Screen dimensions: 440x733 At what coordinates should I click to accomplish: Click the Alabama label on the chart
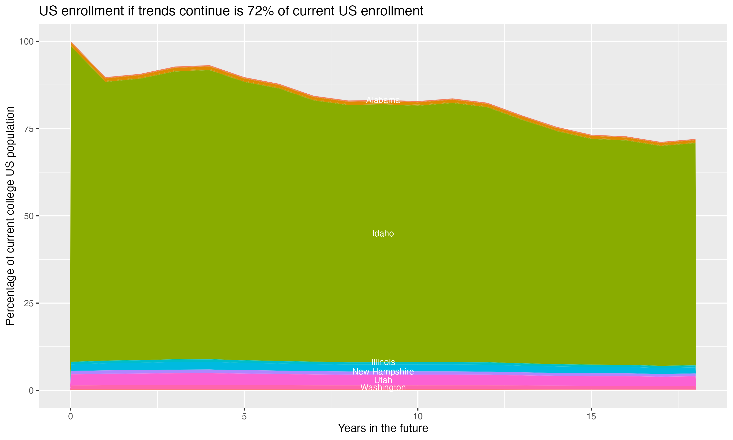click(x=383, y=100)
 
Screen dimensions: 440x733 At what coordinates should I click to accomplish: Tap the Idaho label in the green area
click(x=383, y=234)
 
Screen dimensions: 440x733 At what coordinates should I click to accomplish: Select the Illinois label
click(x=383, y=362)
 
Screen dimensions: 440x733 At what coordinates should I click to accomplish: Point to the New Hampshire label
click(x=383, y=372)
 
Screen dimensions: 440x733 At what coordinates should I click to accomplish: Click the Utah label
click(x=383, y=380)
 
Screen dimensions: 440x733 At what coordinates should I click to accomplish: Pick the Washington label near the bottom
click(x=383, y=387)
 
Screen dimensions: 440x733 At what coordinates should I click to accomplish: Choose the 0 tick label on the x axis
click(x=71, y=417)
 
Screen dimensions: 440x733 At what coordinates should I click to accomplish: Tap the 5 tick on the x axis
click(x=244, y=417)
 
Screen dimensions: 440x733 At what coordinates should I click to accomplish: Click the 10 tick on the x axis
click(x=418, y=417)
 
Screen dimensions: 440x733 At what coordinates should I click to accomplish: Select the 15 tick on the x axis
click(x=591, y=417)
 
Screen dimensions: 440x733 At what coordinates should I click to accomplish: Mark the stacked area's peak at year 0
click(x=71, y=42)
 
